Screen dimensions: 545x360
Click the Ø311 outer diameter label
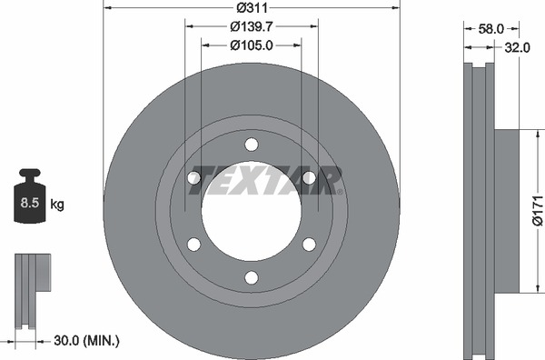coord(252,7)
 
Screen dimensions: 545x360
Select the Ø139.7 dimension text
coord(252,26)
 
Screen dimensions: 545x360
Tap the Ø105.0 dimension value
coord(252,45)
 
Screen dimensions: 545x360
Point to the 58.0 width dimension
coord(490,29)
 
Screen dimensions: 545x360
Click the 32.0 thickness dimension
coord(517,47)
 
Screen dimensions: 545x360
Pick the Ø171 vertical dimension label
coord(538,211)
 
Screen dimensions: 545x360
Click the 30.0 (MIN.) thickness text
coord(86,341)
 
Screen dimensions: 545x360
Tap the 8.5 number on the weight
coord(30,203)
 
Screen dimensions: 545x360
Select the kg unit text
coord(57,205)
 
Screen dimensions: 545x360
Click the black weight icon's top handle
coord(30,173)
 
